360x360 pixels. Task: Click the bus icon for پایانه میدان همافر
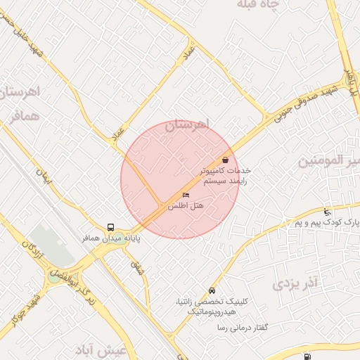(110, 227)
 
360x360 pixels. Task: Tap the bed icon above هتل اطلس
(186, 195)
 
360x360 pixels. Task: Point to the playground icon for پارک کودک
(327, 212)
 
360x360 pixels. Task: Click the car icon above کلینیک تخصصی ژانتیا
(212, 290)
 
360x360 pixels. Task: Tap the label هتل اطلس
(186, 206)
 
